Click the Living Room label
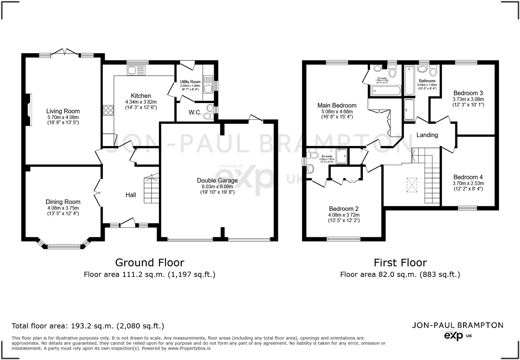(63, 111)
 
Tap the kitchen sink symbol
(136, 70)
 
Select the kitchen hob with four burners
(108, 110)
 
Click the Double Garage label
(217, 181)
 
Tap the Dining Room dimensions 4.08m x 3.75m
(63, 208)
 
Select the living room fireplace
(29, 110)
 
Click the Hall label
(131, 195)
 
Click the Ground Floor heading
(149, 263)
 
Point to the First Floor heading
(400, 263)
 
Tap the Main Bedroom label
(337, 105)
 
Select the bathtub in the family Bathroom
(409, 80)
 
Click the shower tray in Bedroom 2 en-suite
(342, 156)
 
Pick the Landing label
(427, 135)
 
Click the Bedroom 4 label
(468, 177)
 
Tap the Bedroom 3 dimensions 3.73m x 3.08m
(468, 99)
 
